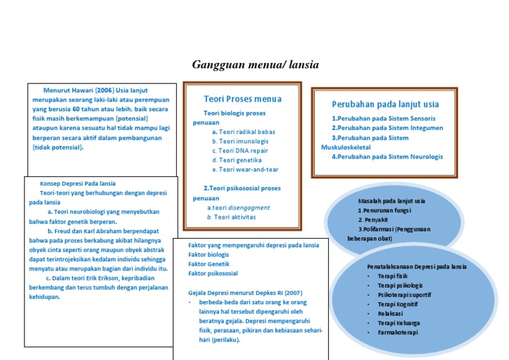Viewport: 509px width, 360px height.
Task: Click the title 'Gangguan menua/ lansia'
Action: tap(255, 65)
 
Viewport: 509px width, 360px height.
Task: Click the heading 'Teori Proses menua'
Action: tap(243, 99)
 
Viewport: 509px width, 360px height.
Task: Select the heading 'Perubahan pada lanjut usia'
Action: tap(385, 104)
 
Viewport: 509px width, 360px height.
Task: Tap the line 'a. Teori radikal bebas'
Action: tap(235, 132)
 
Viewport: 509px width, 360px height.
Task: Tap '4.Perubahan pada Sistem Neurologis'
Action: tap(388, 157)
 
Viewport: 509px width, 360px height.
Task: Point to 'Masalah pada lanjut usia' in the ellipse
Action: tap(391, 201)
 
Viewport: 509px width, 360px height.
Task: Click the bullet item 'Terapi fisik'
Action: tap(392, 275)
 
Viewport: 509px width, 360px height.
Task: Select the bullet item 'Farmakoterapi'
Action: tap(398, 333)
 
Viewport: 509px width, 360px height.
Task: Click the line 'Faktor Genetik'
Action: tap(209, 264)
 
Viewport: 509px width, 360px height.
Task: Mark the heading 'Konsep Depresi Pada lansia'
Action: tap(78, 184)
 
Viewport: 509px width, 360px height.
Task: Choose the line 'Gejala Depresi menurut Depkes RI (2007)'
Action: tap(245, 292)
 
